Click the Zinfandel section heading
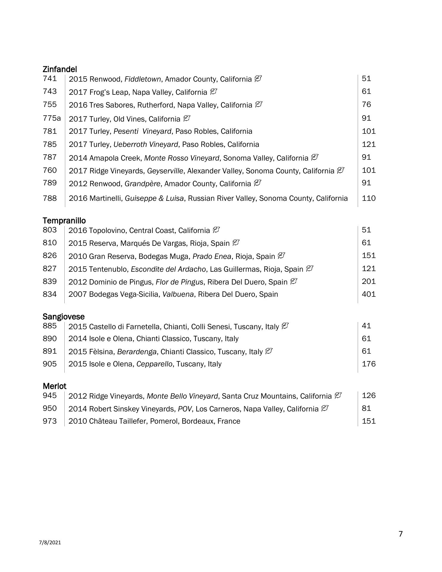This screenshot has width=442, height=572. pyautogui.click(x=60, y=69)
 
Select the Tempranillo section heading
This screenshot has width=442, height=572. pyautogui.click(x=64, y=220)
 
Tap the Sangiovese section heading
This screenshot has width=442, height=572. pyautogui.click(x=63, y=316)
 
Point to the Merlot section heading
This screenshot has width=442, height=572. pyautogui.click(x=55, y=386)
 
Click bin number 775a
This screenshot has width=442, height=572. pyautogui.click(x=52, y=118)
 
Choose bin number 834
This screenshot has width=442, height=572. pyautogui.click(x=49, y=294)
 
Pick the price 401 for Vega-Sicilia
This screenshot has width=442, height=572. pyautogui.click(x=368, y=294)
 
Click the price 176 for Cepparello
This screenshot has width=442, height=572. pyautogui.click(x=368, y=364)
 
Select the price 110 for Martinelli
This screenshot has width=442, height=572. pyautogui.click(x=368, y=198)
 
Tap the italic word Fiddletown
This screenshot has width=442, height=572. pyautogui.click(x=143, y=79)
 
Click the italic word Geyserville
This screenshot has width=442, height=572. pyautogui.click(x=165, y=171)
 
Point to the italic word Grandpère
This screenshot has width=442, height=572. pyautogui.click(x=142, y=184)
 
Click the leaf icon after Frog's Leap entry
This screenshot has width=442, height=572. pyautogui.click(x=213, y=92)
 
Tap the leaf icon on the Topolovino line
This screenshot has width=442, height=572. pyautogui.click(x=216, y=230)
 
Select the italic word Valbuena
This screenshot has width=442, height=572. pyautogui.click(x=178, y=294)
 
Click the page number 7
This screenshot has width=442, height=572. pyautogui.click(x=400, y=534)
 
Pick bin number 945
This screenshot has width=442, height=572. pyautogui.click(x=49, y=396)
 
